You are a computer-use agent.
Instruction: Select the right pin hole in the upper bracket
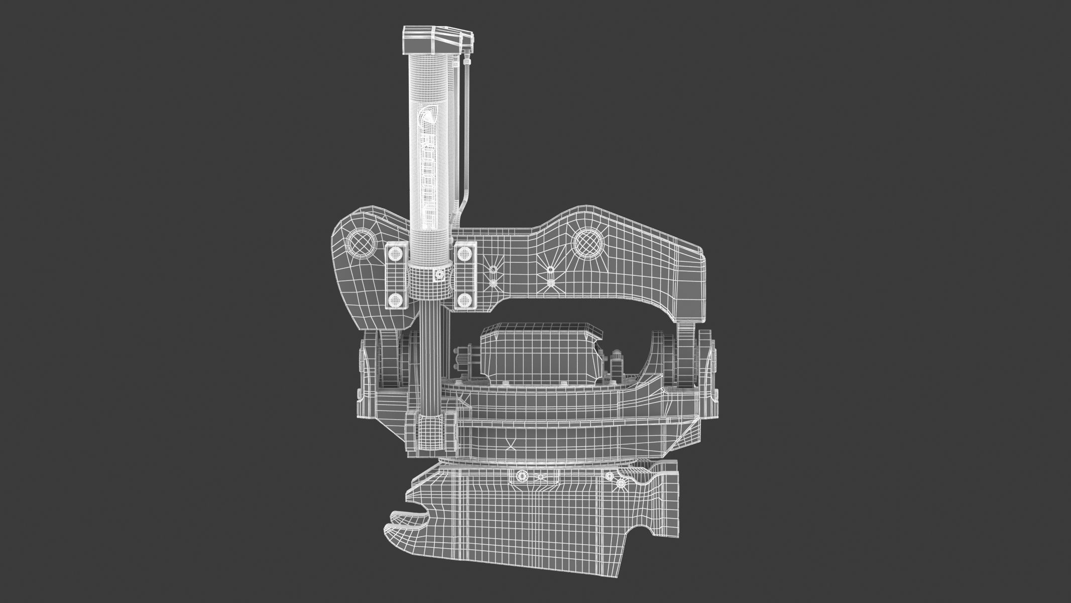(588, 243)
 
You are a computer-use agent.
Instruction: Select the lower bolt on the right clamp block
(464, 300)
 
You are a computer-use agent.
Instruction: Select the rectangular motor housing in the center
(540, 352)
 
